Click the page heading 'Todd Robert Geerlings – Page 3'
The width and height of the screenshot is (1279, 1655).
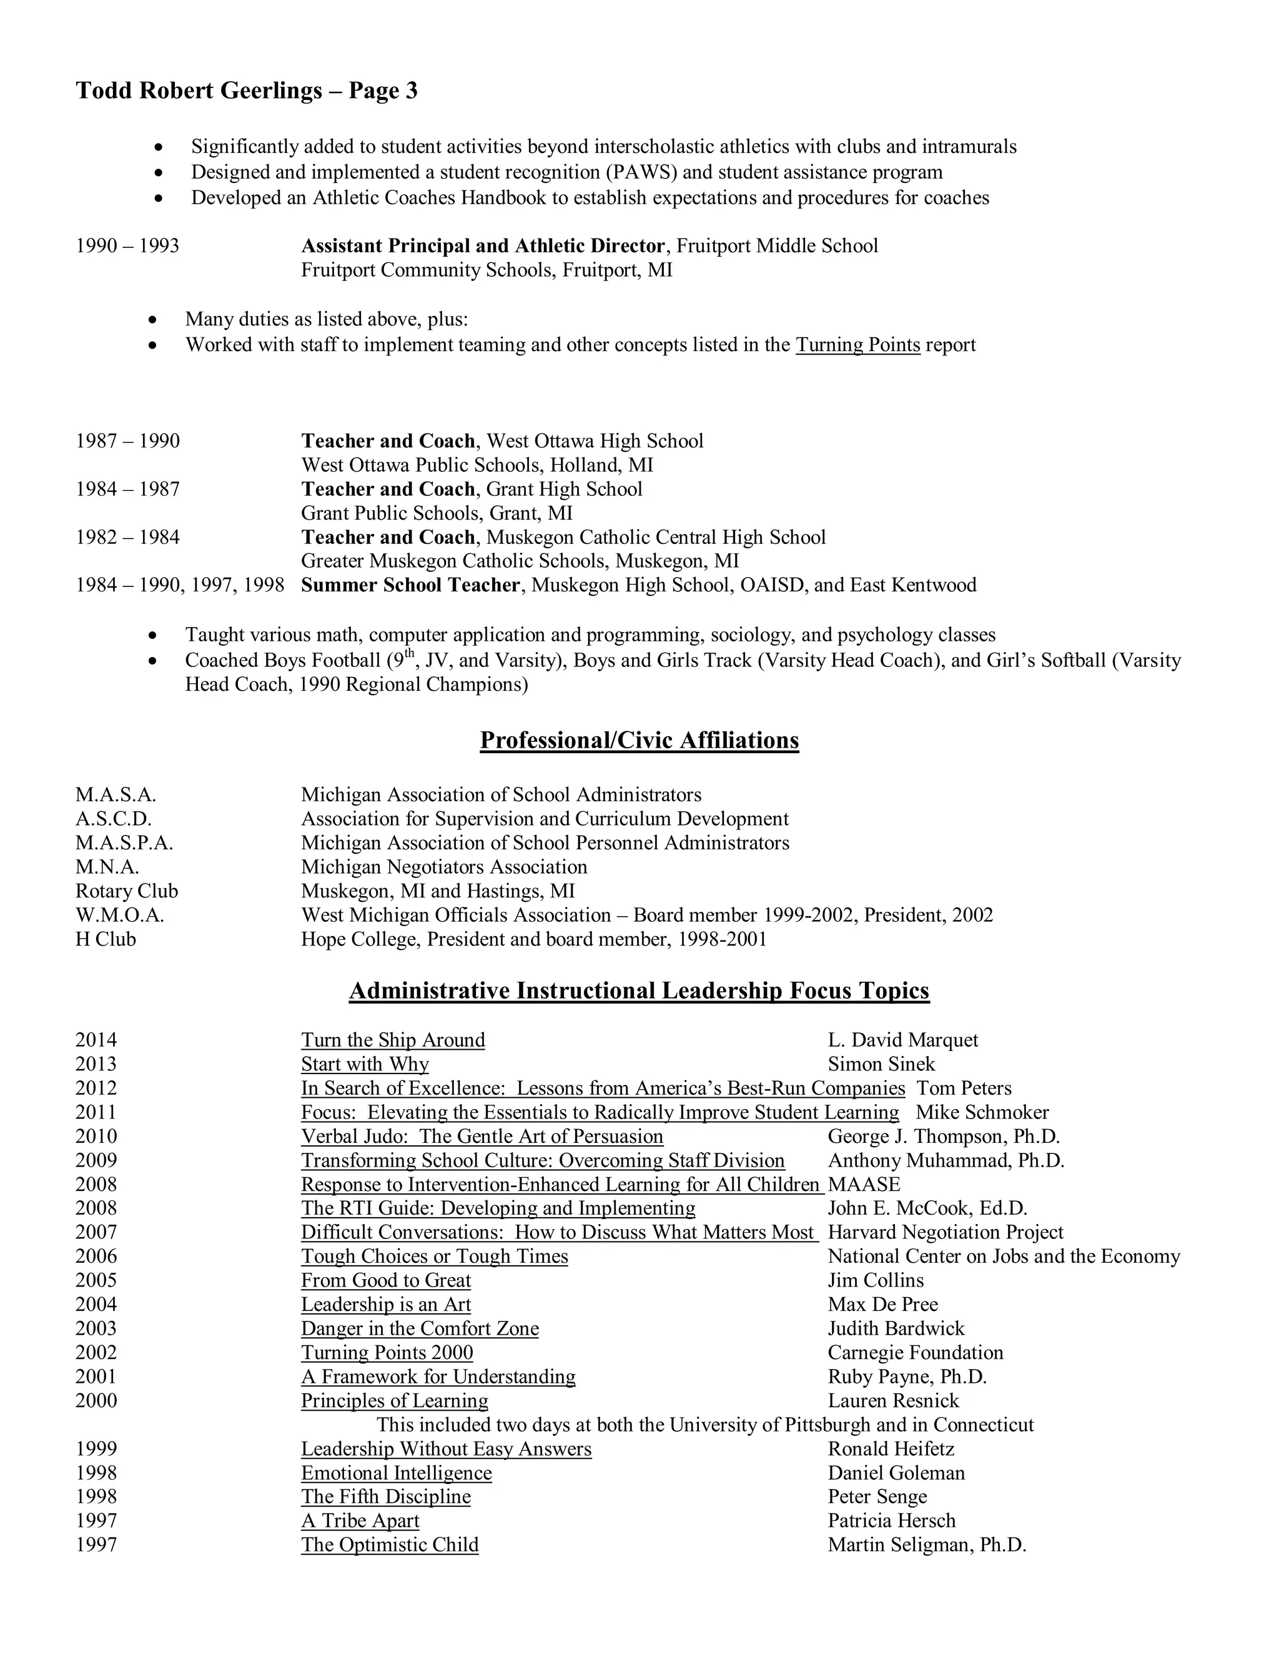click(x=246, y=91)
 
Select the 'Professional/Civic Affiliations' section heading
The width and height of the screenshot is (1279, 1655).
click(x=639, y=739)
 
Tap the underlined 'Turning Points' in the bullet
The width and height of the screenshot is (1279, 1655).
click(x=857, y=345)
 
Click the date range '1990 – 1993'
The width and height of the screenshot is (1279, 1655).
click(x=127, y=245)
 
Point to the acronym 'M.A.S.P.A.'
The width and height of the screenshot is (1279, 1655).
click(x=124, y=842)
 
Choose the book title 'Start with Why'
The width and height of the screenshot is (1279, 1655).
click(x=365, y=1064)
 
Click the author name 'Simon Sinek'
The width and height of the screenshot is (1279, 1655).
click(x=881, y=1064)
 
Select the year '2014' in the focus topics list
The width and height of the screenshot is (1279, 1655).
click(x=96, y=1040)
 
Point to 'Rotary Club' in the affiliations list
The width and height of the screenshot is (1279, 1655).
click(x=127, y=891)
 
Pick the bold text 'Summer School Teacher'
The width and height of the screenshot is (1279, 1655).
click(x=410, y=585)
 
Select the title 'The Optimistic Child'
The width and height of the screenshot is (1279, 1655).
click(x=390, y=1544)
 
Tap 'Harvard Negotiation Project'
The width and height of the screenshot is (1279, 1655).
click(x=945, y=1232)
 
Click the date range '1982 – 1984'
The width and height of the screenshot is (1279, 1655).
click(x=127, y=537)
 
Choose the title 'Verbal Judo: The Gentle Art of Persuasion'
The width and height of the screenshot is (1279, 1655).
click(x=482, y=1136)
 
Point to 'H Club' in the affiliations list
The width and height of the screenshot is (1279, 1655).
click(x=106, y=939)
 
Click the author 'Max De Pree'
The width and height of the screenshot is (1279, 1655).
click(x=882, y=1304)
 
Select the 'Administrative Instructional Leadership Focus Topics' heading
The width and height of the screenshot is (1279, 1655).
click(x=639, y=991)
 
